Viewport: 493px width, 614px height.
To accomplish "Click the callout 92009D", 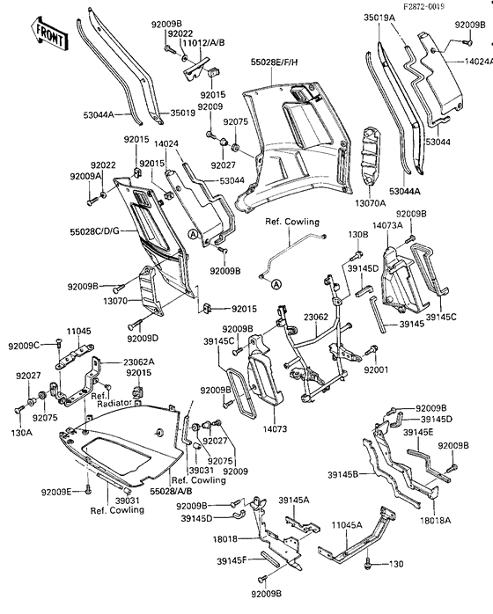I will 143,339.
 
